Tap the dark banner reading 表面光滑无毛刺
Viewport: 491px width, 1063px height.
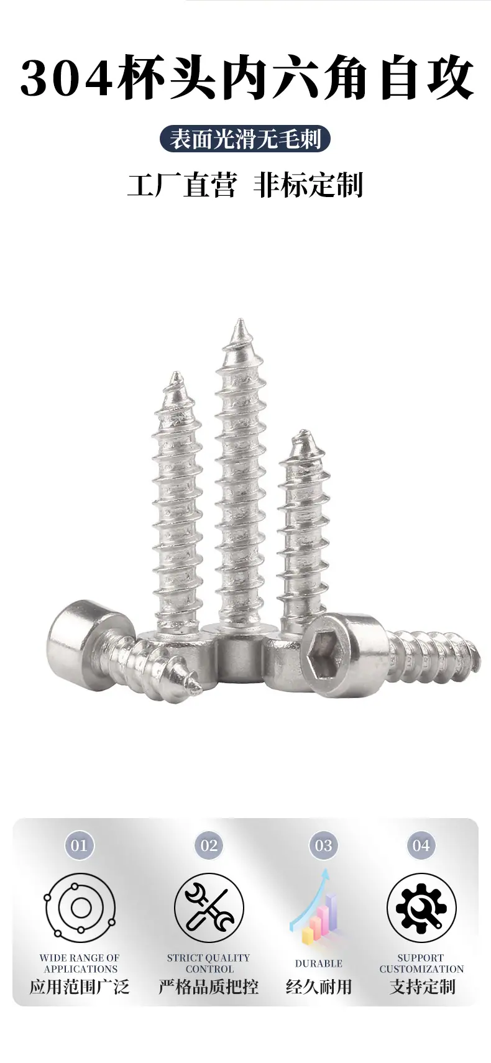tap(245, 139)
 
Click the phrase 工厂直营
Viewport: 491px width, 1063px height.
tap(181, 185)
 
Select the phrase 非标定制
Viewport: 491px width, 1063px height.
tap(308, 185)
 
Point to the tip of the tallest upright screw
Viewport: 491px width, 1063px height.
tap(240, 320)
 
